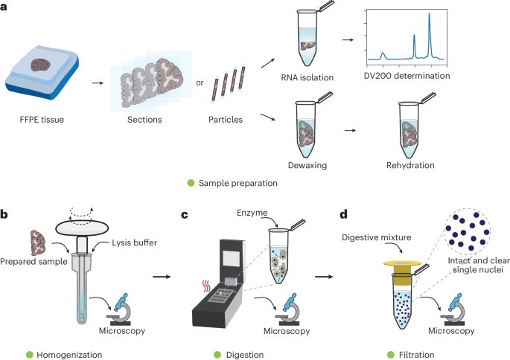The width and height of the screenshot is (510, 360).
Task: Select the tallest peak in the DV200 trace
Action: [x=430, y=16]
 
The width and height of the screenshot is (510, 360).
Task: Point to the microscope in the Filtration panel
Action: [x=453, y=306]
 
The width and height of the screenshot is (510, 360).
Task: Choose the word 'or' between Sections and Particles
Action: [x=200, y=82]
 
